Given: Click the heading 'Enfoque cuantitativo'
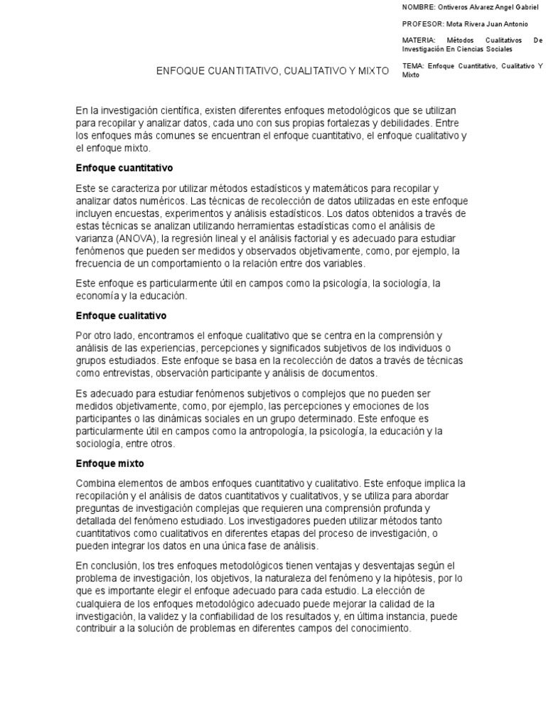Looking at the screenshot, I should pyautogui.click(x=124, y=168).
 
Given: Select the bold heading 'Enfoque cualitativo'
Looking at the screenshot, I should pyautogui.click(x=121, y=315).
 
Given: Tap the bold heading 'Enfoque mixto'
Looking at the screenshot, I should pyautogui.click(x=110, y=463).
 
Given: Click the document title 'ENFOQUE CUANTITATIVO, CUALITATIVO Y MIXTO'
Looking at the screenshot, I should pyautogui.click(x=273, y=71).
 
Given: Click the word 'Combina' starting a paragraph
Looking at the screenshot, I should pyautogui.click(x=95, y=483).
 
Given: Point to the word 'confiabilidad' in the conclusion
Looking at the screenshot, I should pyautogui.click(x=261, y=616).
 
